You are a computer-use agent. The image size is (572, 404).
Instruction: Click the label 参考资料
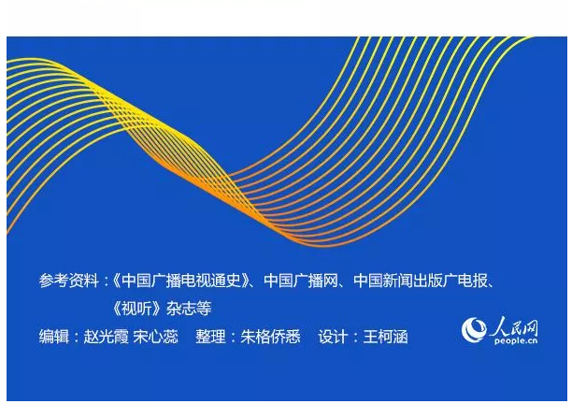tap(69, 281)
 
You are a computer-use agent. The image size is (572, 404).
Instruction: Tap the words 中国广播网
tap(301, 281)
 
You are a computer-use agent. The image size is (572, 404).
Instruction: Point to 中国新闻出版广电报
tap(421, 281)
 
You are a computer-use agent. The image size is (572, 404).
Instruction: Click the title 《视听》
tap(136, 309)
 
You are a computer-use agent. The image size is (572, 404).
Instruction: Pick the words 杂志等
tap(189, 309)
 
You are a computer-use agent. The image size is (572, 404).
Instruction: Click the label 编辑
tap(54, 337)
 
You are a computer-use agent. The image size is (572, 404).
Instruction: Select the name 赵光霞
tap(107, 337)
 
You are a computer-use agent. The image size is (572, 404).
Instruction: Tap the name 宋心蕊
tap(156, 337)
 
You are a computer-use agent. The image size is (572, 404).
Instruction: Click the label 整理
tap(210, 337)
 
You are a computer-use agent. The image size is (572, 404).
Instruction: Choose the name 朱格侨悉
tap(270, 337)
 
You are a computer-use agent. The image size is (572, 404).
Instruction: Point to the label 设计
tap(333, 337)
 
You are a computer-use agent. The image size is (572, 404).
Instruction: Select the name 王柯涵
tap(385, 337)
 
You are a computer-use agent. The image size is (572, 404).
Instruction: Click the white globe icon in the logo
tap(474, 329)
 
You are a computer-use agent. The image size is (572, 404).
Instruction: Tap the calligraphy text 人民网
tap(514, 325)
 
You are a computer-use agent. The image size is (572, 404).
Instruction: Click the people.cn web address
tap(516, 340)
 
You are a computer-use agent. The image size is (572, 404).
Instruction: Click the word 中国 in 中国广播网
tap(279, 281)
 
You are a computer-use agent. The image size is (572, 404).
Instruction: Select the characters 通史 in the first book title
tap(226, 281)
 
